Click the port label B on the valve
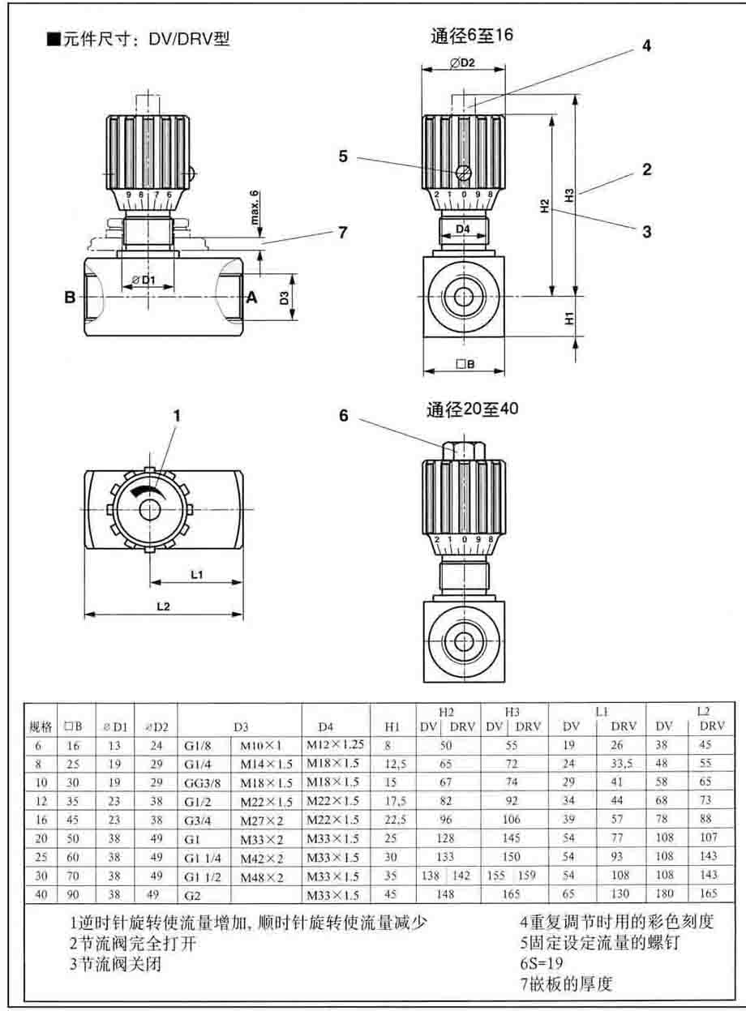click(71, 298)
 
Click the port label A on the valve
click(251, 298)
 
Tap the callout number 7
click(342, 232)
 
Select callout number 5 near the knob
click(344, 156)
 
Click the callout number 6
click(344, 415)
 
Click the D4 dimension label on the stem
click(462, 229)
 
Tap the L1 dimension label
click(196, 574)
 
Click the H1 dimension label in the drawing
click(569, 319)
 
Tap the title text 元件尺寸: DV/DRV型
click(139, 39)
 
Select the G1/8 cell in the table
click(195, 743)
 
